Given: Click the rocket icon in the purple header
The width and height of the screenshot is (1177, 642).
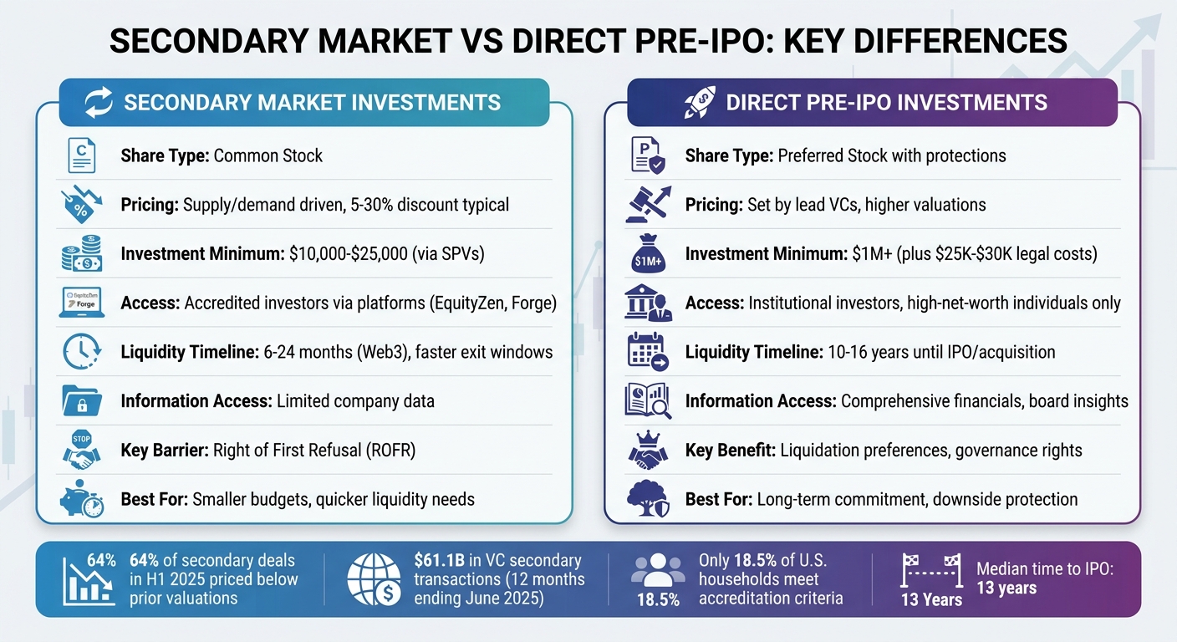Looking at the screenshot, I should [699, 103].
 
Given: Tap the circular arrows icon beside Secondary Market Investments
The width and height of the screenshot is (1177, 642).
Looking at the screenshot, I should [99, 103].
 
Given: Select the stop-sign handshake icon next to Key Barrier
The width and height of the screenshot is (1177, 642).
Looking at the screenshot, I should [81, 450].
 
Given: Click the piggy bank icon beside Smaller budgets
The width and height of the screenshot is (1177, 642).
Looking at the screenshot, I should [81, 499].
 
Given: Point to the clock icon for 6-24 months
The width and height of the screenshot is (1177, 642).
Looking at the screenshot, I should [81, 352].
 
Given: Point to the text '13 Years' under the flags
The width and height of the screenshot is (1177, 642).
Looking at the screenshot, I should [931, 600].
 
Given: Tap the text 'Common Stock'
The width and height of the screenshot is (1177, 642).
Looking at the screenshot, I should [267, 155].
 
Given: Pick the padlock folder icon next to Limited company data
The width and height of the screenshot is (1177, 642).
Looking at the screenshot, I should [81, 401].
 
